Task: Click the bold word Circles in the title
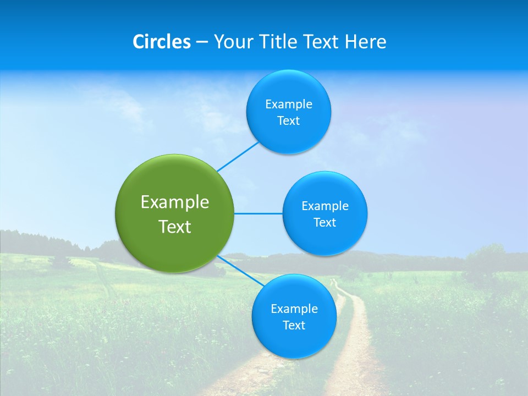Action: tap(162, 42)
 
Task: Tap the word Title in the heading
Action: tap(280, 42)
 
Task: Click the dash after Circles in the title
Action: tap(202, 42)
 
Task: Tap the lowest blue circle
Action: tap(294, 344)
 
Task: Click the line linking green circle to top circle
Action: tap(238, 157)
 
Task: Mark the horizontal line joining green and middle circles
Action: tap(258, 213)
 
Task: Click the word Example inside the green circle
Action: tap(175, 202)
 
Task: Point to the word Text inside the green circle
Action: tap(175, 227)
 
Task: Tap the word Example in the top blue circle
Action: tap(288, 105)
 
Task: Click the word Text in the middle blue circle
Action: tap(324, 223)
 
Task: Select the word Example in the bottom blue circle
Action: tap(294, 309)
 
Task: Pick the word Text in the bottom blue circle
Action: tap(294, 326)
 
